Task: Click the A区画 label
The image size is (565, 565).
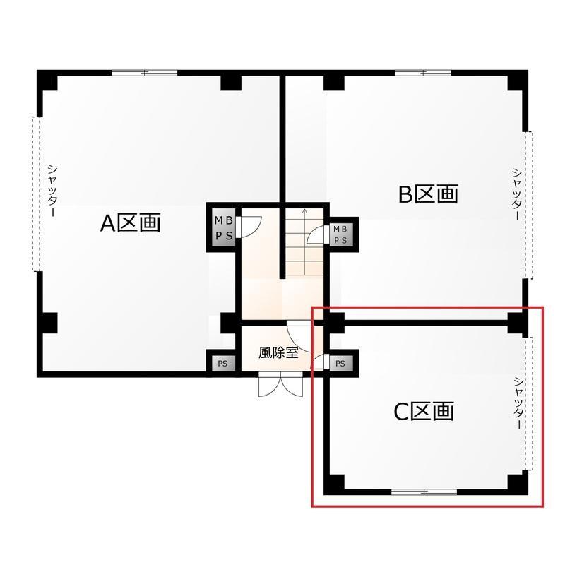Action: coord(131,223)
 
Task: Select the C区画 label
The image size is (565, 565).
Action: coord(424,412)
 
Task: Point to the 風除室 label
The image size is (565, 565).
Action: coord(278,352)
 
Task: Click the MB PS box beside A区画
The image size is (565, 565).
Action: coord(224,227)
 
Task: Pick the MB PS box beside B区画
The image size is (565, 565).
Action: coord(340,234)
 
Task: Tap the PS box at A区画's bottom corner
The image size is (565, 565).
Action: coord(222,364)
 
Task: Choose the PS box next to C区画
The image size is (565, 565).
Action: coord(340,364)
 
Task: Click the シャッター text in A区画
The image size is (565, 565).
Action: coord(52,191)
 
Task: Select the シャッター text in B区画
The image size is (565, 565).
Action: coord(517,195)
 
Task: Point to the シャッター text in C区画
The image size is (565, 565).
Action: coord(518,403)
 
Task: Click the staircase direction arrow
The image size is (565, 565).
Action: coord(305,242)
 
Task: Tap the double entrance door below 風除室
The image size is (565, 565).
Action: coord(280,385)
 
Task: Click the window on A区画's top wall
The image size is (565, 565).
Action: coord(145,73)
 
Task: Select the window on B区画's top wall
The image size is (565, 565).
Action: coord(423,73)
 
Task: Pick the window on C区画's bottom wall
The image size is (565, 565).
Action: coord(424,492)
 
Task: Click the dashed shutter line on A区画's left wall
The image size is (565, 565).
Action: coord(36,194)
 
